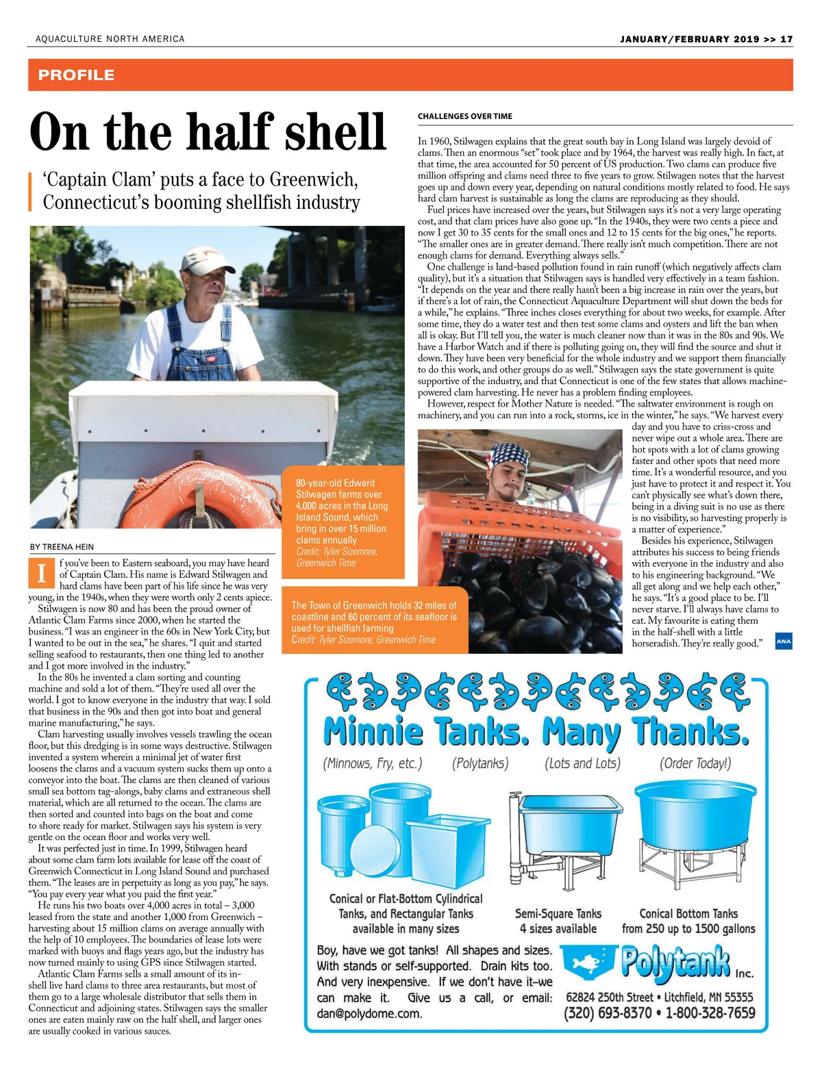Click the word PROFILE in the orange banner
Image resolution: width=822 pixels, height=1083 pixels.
point(76,75)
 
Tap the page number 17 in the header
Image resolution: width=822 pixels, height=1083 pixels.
point(786,39)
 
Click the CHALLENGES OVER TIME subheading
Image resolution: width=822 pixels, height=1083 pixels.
point(465,116)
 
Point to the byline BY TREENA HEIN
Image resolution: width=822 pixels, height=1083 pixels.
point(62,547)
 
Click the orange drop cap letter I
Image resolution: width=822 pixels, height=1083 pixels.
point(42,573)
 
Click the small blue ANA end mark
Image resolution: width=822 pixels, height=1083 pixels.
point(784,641)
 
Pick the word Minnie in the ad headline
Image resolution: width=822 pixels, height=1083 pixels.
point(373,732)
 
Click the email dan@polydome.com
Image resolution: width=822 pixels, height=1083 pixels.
point(369,1014)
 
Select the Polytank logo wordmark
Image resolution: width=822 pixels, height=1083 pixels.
point(675,962)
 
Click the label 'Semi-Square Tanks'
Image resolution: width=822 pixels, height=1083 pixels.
point(558,913)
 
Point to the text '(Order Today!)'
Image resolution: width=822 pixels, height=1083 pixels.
point(695,763)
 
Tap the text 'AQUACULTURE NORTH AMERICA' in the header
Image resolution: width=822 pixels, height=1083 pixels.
point(110,39)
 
